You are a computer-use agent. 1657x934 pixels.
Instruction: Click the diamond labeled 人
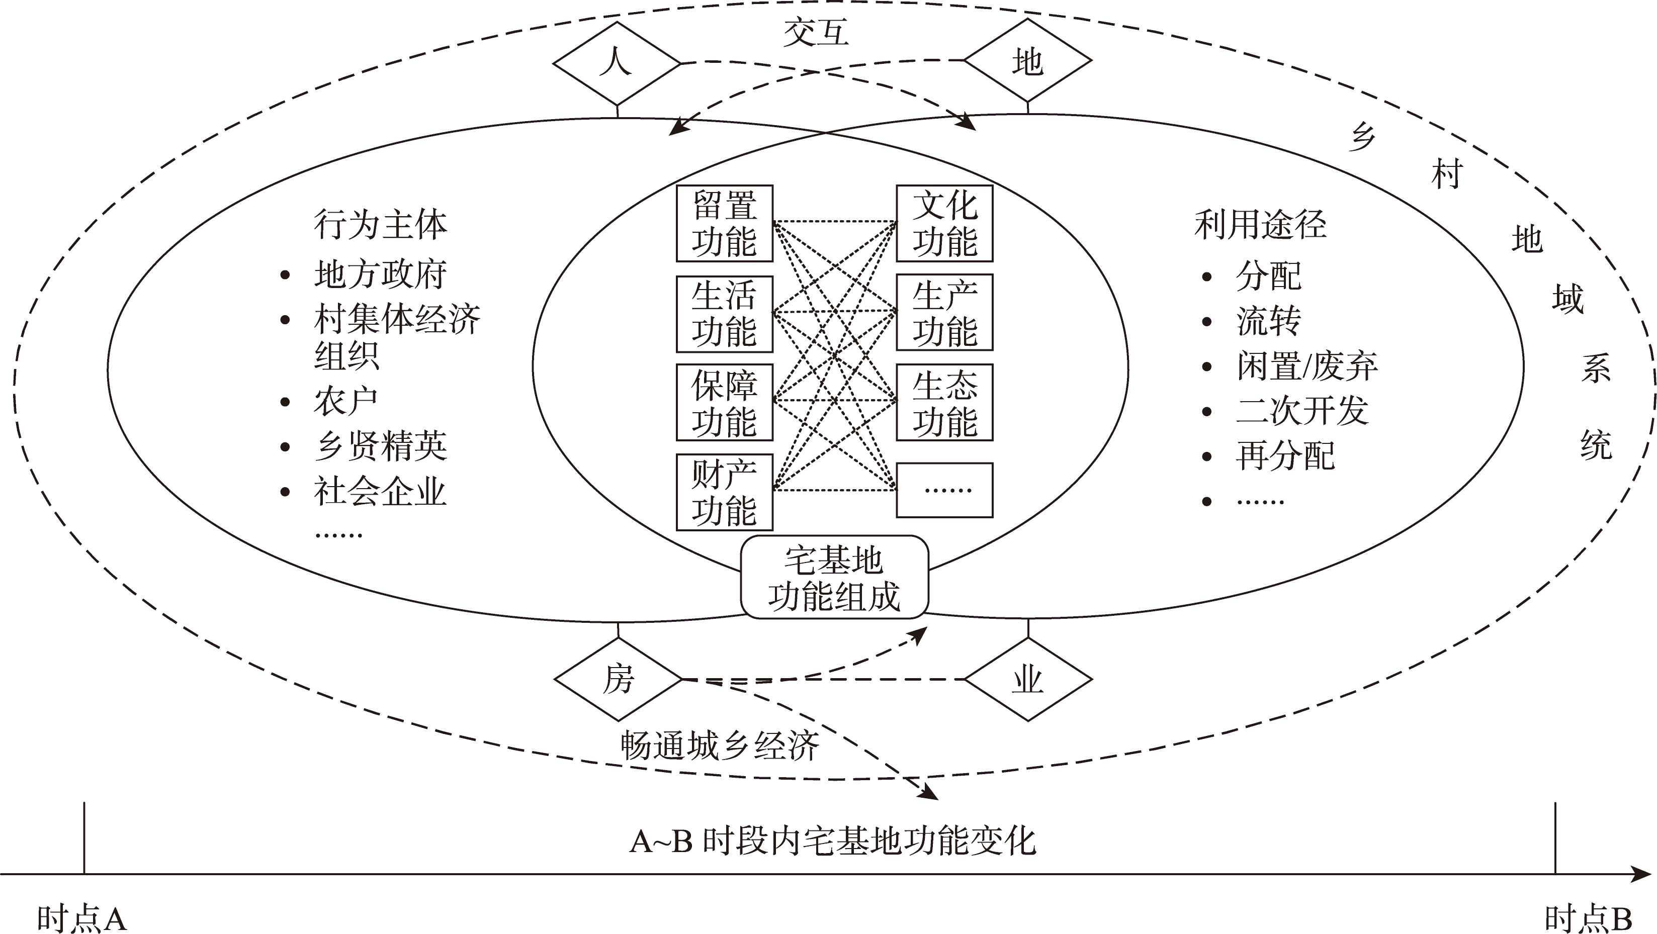[x=617, y=63]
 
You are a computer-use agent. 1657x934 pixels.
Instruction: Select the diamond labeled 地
[x=1027, y=60]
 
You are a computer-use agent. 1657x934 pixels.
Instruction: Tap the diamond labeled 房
[x=618, y=679]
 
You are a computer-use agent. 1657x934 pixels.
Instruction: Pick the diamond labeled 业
[x=1028, y=679]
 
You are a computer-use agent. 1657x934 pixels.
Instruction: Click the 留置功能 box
[x=724, y=224]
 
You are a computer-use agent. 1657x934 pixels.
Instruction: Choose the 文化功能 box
[x=944, y=224]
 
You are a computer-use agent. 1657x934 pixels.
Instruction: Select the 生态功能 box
[x=944, y=402]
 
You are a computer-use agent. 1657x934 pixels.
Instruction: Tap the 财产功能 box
[x=724, y=493]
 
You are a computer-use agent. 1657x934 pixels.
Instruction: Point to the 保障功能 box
[x=724, y=402]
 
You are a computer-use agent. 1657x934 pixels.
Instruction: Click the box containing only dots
[x=944, y=490]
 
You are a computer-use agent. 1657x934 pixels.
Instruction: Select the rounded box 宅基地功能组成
[x=834, y=577]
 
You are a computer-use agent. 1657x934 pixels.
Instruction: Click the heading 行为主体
[x=380, y=224]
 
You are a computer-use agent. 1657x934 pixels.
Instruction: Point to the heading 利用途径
[x=1260, y=224]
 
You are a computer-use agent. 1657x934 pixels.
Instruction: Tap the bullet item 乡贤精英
[x=380, y=446]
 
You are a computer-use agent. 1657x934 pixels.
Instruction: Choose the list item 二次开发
[x=1302, y=410]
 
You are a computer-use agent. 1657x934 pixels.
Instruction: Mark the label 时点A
[x=81, y=918]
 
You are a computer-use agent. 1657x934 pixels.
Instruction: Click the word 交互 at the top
[x=816, y=32]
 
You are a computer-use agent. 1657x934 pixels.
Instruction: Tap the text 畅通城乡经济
[x=720, y=745]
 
